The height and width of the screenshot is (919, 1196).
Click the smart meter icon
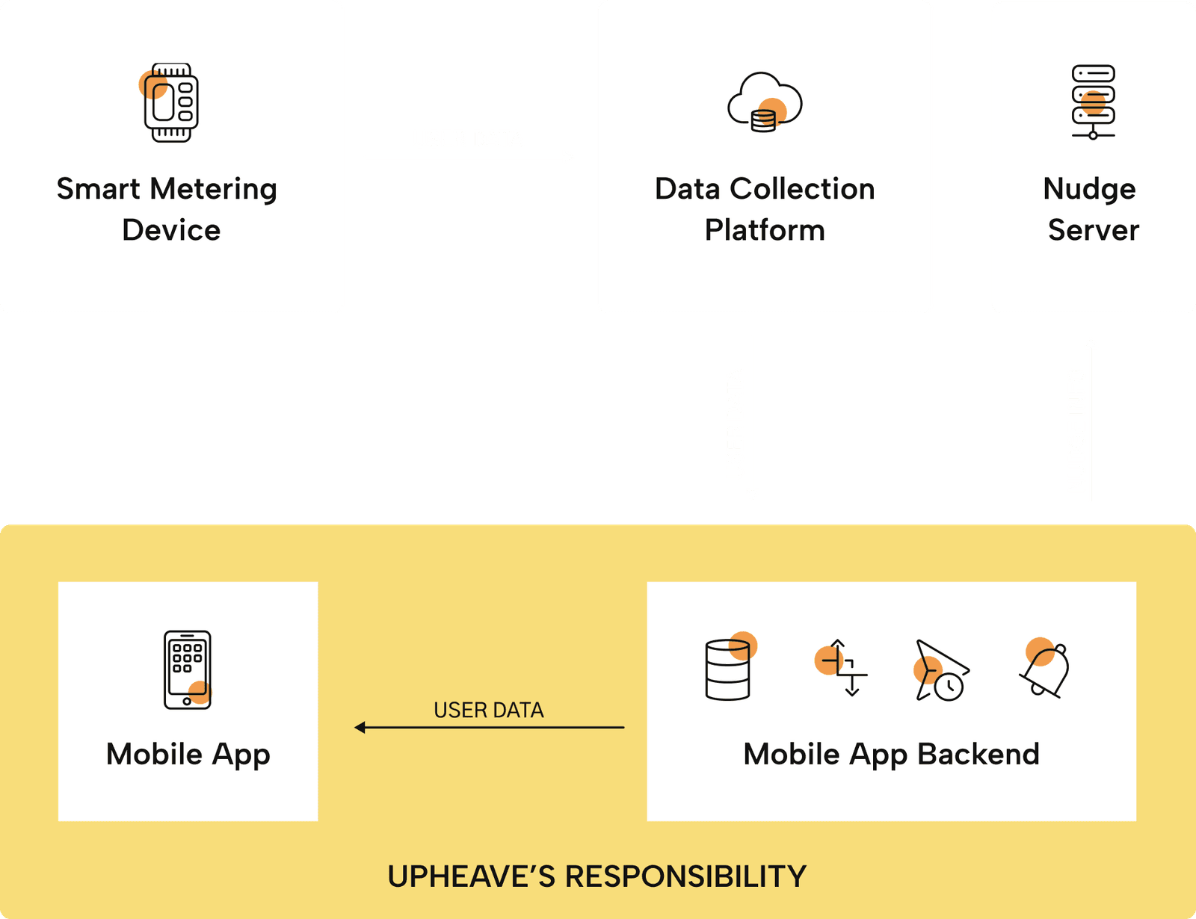click(x=171, y=103)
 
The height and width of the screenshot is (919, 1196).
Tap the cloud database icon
click(x=765, y=103)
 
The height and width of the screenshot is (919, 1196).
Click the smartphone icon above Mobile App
click(x=187, y=669)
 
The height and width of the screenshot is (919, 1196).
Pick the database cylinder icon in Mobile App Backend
click(x=728, y=669)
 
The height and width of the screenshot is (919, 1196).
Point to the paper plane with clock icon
click(x=941, y=670)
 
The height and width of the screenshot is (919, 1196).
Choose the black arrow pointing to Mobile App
click(x=489, y=727)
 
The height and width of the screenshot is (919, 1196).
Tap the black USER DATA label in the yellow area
click(x=489, y=710)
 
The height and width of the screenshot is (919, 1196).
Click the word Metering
click(x=214, y=190)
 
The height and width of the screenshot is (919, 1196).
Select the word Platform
click(x=765, y=230)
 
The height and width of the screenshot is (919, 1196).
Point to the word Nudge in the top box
click(x=1089, y=190)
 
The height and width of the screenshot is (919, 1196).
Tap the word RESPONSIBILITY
click(x=685, y=876)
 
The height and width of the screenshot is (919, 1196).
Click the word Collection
click(x=802, y=189)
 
